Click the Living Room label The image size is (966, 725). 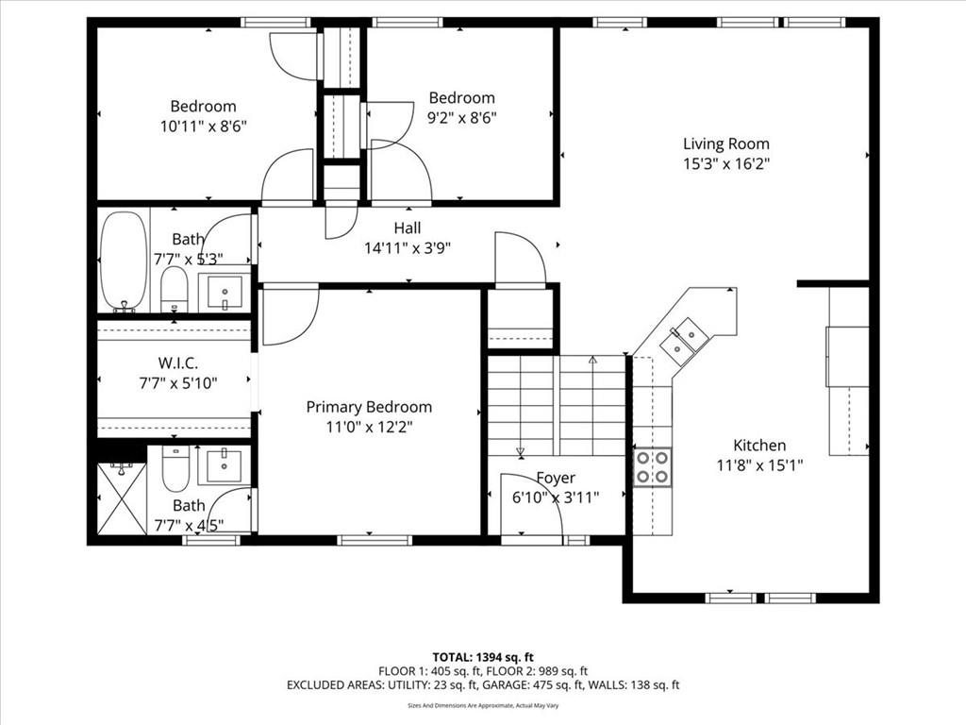tap(725, 143)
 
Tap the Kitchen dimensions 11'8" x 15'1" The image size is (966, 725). tap(759, 465)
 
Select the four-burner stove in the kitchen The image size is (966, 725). tap(653, 467)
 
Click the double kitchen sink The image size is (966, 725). tap(684, 339)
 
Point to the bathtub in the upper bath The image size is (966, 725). tap(124, 262)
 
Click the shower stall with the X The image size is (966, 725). tap(122, 498)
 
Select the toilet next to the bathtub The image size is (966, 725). tap(174, 289)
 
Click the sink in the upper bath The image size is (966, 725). tap(224, 292)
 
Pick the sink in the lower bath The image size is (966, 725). tap(224, 465)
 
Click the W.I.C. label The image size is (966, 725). tap(178, 363)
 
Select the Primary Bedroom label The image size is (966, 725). tap(369, 407)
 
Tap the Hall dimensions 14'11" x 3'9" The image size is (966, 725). tap(408, 248)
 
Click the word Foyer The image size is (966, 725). tap(556, 479)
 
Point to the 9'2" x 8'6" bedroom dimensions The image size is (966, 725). tap(462, 118)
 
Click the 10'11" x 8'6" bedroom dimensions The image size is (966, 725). tap(204, 126)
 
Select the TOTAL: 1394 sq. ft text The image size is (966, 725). tap(483, 657)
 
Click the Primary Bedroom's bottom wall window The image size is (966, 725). tap(374, 541)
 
